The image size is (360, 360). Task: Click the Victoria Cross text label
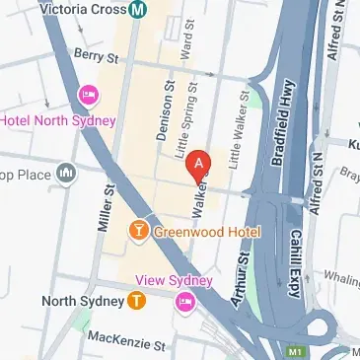(x=84, y=11)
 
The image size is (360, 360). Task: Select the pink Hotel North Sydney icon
(x=88, y=94)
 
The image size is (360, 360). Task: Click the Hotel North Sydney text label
(x=57, y=120)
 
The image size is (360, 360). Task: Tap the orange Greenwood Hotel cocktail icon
(x=139, y=231)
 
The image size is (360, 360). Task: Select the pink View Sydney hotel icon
(x=183, y=300)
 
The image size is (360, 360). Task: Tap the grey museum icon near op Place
(x=66, y=175)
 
